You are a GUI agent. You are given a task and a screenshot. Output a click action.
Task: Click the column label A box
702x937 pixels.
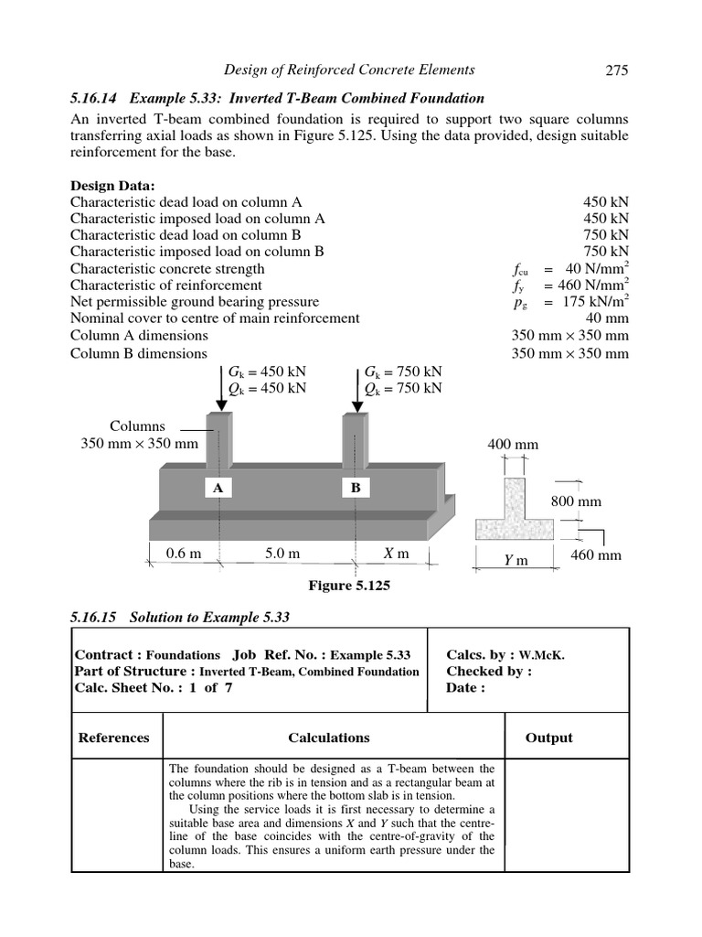[218, 489]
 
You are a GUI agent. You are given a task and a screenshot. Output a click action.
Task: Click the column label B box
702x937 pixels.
[356, 489]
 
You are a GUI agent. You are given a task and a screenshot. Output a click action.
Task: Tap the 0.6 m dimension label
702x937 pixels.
[184, 554]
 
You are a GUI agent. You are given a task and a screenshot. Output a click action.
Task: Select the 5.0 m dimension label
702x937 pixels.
[283, 554]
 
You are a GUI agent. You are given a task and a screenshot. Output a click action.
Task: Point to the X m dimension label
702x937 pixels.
[396, 554]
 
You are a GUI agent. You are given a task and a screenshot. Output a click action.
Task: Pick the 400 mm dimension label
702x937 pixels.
[513, 446]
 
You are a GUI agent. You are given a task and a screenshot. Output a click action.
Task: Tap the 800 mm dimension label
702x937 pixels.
[574, 501]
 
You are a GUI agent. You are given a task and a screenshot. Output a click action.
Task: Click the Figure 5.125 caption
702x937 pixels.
[350, 586]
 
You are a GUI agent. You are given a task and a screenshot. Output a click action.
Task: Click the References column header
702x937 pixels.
[114, 738]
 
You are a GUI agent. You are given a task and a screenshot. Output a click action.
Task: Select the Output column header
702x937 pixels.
[548, 738]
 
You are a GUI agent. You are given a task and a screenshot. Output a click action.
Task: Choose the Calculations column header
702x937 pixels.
[329, 738]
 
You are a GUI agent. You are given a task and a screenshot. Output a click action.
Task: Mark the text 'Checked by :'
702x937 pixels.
[489, 672]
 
